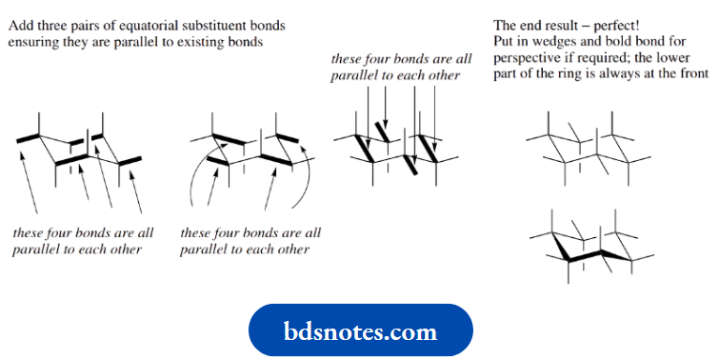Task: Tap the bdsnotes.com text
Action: [x=360, y=330]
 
